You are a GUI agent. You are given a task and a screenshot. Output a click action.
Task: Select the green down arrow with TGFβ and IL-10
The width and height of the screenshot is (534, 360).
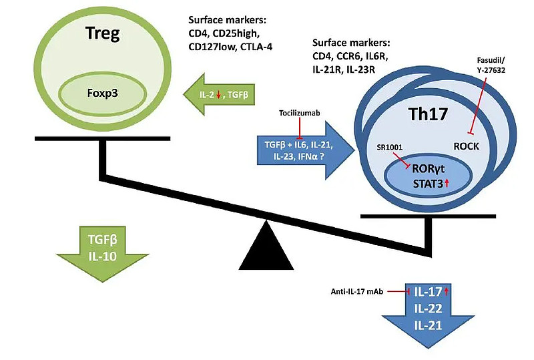[101, 244]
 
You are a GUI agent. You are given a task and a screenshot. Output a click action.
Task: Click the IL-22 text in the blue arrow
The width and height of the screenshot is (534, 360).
[429, 308]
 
